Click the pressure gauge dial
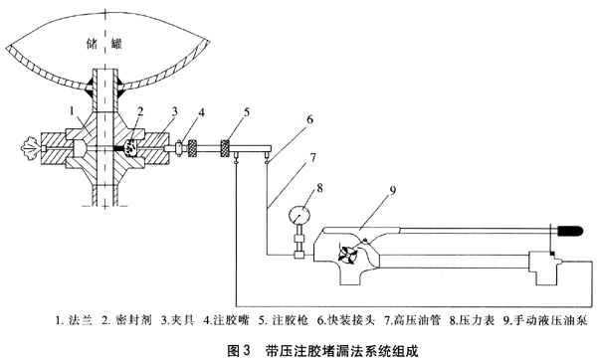pyautogui.click(x=299, y=215)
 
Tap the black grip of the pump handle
pyautogui.click(x=570, y=230)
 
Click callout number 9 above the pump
pyautogui.click(x=393, y=190)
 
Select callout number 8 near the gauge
pyautogui.click(x=319, y=187)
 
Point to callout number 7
pyautogui.click(x=312, y=156)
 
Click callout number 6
pyautogui.click(x=309, y=119)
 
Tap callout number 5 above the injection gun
pyautogui.click(x=247, y=111)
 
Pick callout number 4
pyautogui.click(x=201, y=112)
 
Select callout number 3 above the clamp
pyautogui.click(x=174, y=111)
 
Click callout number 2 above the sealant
pyautogui.click(x=140, y=111)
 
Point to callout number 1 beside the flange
pyautogui.click(x=73, y=110)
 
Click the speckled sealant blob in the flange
pyautogui.click(x=131, y=147)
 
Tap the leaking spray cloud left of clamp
pyautogui.click(x=30, y=147)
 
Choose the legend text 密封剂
pyautogui.click(x=133, y=320)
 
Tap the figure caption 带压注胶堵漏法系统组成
pyautogui.click(x=342, y=350)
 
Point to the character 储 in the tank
pyautogui.click(x=93, y=44)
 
